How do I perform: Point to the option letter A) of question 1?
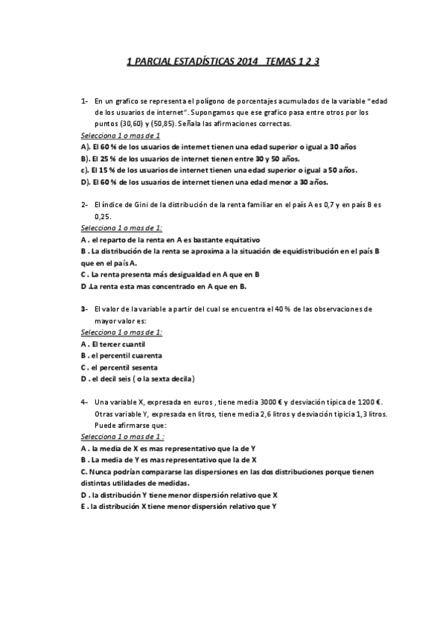pyautogui.click(x=85, y=148)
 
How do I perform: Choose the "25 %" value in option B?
pyautogui.click(x=102, y=159)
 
